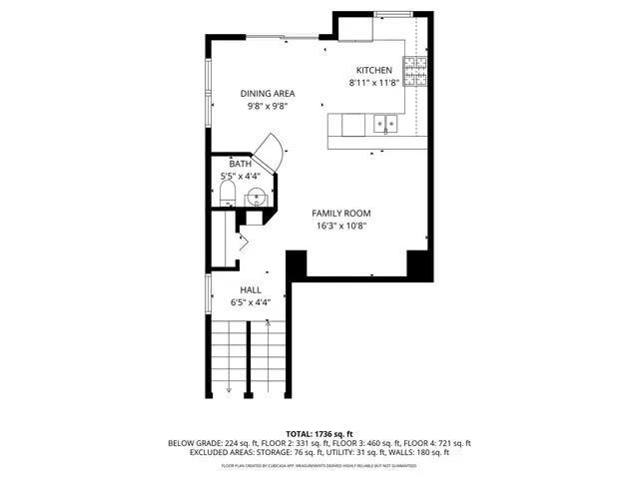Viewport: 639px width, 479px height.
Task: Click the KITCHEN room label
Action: [374, 71]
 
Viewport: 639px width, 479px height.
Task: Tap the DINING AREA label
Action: [267, 93]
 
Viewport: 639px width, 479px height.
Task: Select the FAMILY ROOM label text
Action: [340, 214]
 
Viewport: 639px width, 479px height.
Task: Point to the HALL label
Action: [250, 290]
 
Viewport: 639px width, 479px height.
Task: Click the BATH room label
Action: [240, 164]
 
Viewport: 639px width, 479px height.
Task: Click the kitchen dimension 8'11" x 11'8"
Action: [374, 83]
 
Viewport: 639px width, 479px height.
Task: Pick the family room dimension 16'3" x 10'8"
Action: [340, 226]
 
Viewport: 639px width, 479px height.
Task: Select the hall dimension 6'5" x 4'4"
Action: [250, 302]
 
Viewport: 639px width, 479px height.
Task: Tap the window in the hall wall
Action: [208, 291]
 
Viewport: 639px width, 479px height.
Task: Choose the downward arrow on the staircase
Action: [229, 387]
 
